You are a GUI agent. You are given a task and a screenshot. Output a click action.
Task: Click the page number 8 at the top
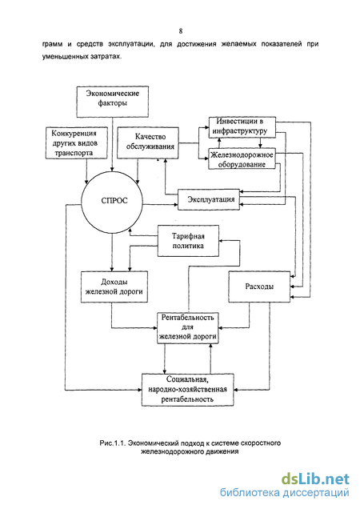tap(181, 31)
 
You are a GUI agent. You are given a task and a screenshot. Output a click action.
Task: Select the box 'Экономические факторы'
tap(113, 102)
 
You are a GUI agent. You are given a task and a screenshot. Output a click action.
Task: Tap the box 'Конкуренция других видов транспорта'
tap(77, 142)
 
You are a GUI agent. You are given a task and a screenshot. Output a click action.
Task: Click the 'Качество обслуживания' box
tap(148, 142)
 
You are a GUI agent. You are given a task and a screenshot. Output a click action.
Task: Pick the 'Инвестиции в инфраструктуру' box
tap(242, 127)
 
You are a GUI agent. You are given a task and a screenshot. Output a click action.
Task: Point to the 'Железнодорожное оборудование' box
tap(242, 159)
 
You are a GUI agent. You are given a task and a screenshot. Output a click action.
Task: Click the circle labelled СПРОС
tap(112, 202)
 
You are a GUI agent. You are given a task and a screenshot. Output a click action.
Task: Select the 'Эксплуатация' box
tap(209, 199)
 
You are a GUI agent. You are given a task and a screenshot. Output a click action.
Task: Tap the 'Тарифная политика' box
tap(188, 241)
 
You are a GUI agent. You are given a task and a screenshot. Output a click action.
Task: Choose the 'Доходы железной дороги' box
tap(114, 287)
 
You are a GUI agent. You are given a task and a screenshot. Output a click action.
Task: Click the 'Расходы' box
tap(259, 287)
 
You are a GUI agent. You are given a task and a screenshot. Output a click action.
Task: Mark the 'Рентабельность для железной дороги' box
tap(188, 327)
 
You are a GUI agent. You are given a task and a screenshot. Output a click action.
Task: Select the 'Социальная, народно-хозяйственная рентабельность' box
tap(188, 390)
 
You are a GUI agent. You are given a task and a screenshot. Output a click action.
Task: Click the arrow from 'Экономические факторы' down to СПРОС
tap(113, 144)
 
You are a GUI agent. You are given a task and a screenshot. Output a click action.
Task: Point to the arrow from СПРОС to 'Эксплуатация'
tap(160, 204)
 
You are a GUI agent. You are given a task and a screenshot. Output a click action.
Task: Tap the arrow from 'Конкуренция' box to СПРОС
tap(86, 171)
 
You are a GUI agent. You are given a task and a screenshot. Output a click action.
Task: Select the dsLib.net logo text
tap(315, 479)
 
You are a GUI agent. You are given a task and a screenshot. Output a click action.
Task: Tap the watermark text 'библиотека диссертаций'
tap(285, 493)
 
